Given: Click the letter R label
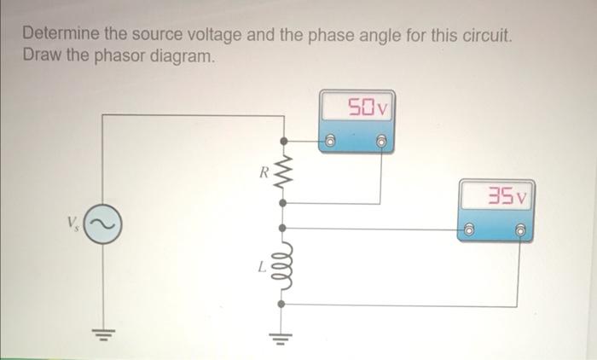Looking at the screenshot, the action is [x=265, y=174].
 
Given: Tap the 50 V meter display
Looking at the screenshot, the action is [x=367, y=108].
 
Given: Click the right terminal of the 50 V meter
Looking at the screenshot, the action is [x=382, y=141].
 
